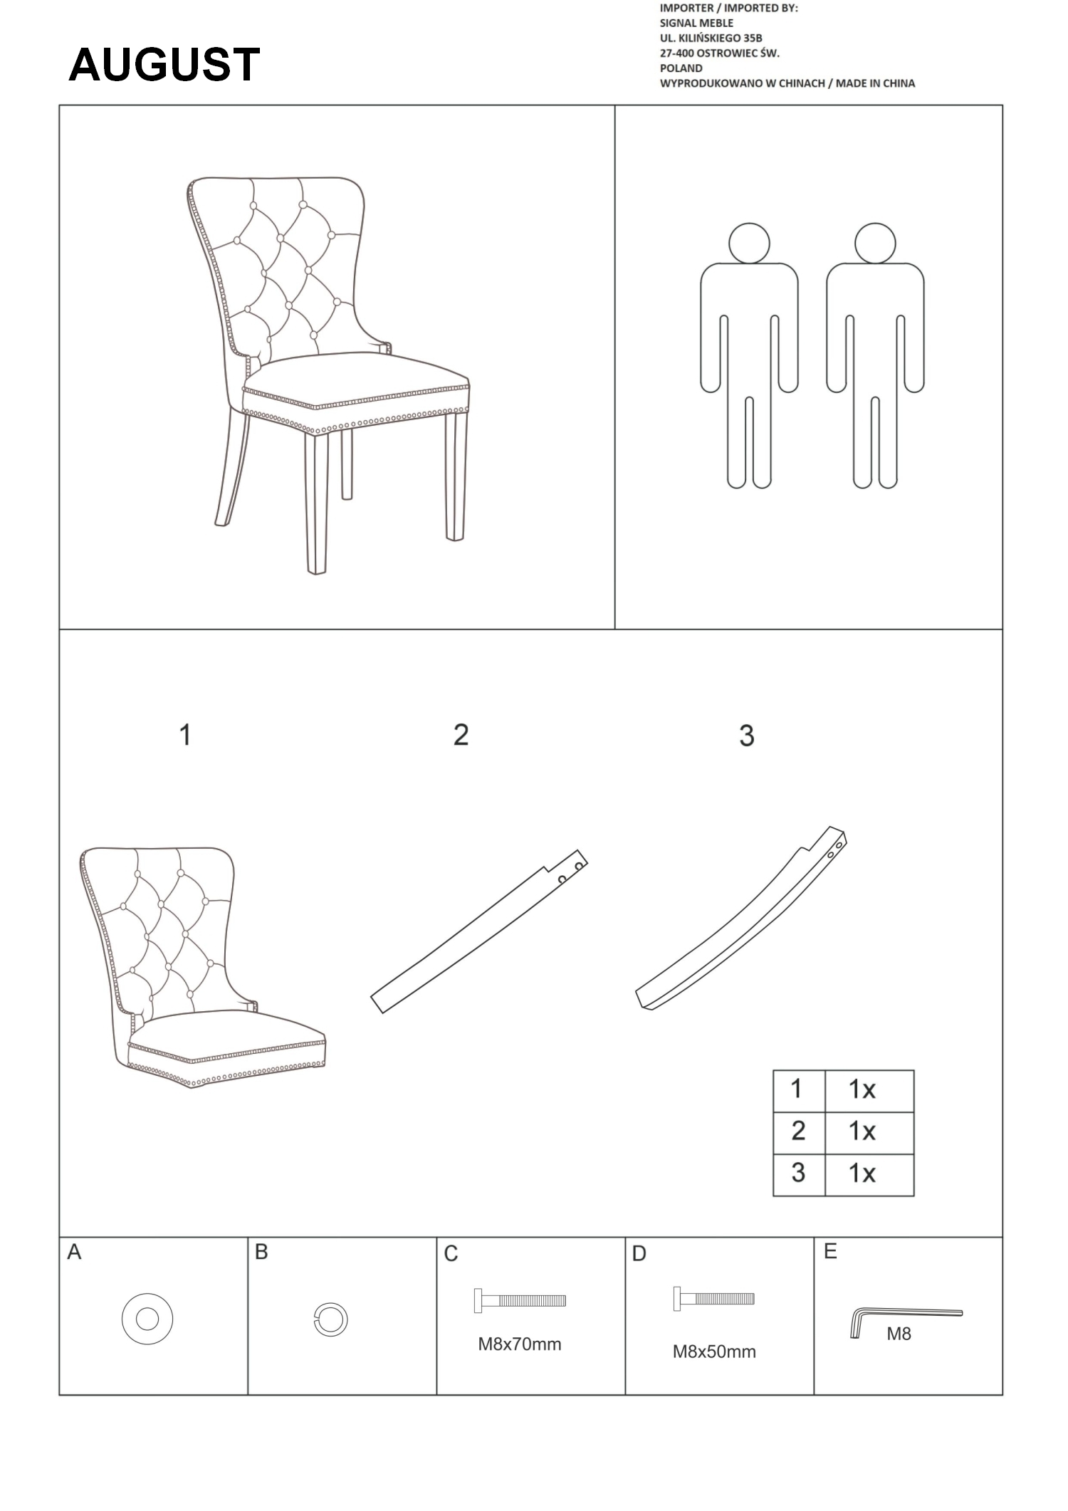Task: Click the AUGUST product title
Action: point(164,65)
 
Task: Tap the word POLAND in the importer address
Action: point(681,68)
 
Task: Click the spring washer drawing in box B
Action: point(330,1319)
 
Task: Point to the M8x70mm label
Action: point(520,1344)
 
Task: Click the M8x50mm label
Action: point(714,1351)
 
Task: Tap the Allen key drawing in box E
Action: point(906,1318)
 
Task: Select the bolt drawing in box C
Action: point(520,1300)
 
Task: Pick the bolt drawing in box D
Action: point(713,1298)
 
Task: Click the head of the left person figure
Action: point(749,243)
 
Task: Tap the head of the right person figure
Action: point(875,243)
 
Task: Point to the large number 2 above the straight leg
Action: point(461,735)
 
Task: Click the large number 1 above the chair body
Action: point(185,735)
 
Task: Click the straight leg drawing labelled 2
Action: point(478,931)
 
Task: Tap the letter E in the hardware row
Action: point(830,1252)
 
